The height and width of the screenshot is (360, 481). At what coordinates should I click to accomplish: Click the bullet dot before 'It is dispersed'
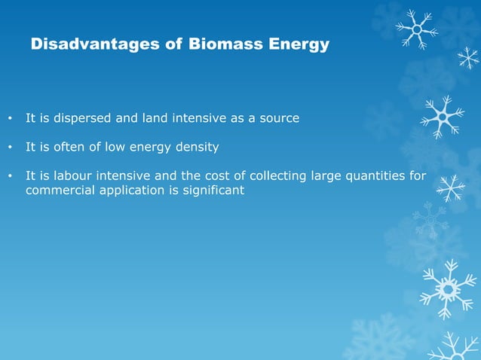click(9, 119)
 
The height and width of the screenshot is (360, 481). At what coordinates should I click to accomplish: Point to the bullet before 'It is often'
click(9, 148)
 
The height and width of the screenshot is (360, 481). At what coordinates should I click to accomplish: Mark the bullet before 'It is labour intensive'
click(9, 177)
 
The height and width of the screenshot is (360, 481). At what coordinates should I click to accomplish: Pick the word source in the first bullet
click(279, 119)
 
